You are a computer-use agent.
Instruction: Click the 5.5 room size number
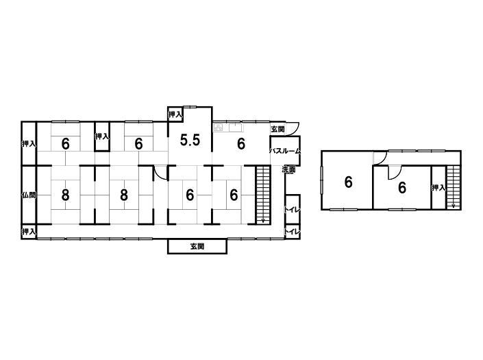tap(190, 141)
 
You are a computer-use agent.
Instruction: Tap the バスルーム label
tap(285, 151)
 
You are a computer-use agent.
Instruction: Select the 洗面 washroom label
tap(288, 169)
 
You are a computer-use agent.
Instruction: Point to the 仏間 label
tap(29, 195)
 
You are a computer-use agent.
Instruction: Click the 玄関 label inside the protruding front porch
tap(197, 247)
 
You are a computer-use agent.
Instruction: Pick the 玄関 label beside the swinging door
tap(277, 129)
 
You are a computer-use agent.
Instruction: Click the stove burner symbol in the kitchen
tap(219, 128)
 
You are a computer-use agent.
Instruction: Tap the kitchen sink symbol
tap(236, 127)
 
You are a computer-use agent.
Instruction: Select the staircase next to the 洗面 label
tap(263, 195)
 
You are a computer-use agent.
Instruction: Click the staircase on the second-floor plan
tap(453, 187)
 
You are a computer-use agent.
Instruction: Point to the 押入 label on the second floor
tap(438, 187)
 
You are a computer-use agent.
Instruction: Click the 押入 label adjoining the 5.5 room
tap(175, 115)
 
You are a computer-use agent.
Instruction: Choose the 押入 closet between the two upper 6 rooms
tap(102, 136)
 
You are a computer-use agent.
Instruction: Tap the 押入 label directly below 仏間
tap(29, 231)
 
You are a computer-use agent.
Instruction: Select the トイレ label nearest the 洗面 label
tap(292, 211)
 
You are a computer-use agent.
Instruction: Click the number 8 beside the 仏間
tap(65, 195)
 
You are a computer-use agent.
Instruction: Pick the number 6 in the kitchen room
tap(241, 143)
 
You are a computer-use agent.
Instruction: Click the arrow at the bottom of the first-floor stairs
tap(263, 220)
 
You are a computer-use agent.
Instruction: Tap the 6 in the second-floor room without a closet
tap(348, 182)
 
